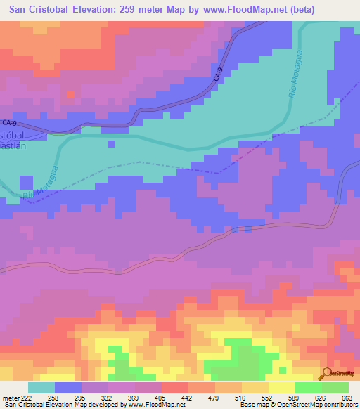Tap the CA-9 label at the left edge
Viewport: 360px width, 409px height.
[8, 122]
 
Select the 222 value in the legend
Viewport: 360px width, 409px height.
[18, 398]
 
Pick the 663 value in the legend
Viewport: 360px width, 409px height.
[346, 398]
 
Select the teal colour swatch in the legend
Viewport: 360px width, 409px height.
[41, 387]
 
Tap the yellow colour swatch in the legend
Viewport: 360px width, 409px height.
[281, 387]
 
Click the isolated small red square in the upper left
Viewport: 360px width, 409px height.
[70, 94]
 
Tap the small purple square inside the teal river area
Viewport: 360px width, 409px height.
[111, 144]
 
